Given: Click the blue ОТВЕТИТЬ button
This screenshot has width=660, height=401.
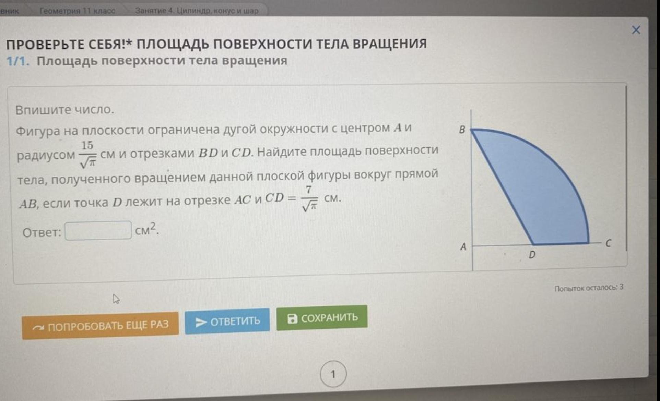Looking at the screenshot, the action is [x=227, y=321].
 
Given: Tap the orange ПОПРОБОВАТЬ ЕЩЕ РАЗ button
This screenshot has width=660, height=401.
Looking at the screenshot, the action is [x=100, y=325].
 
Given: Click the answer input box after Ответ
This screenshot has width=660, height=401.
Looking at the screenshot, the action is [x=98, y=230].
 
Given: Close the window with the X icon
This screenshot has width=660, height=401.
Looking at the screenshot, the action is [x=636, y=30].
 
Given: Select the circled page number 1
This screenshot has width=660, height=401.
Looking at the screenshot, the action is [x=333, y=374].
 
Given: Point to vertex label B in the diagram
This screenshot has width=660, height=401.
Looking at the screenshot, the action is [x=462, y=130].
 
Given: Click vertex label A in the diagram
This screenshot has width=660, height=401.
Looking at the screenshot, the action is [x=463, y=246].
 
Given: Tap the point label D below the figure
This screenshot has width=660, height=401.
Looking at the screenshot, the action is [x=532, y=255].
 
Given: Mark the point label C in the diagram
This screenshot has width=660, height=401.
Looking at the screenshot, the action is [x=608, y=243].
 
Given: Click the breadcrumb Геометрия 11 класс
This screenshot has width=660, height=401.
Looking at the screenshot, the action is [x=78, y=11].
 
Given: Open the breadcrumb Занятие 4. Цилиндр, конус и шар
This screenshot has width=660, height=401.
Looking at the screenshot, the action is [x=197, y=11].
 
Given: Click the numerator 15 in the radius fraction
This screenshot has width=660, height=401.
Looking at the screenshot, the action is [x=87, y=145].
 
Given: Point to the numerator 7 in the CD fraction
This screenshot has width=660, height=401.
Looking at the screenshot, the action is [x=309, y=190].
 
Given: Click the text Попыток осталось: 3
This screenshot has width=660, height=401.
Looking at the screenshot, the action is [x=589, y=288].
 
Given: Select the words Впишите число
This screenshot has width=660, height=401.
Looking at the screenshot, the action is [x=64, y=110].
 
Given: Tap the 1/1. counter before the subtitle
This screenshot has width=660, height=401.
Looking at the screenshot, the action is [x=17, y=61].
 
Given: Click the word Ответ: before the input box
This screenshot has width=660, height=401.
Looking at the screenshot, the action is [x=42, y=233].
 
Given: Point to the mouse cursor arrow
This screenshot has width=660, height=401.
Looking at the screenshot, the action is [x=116, y=299].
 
